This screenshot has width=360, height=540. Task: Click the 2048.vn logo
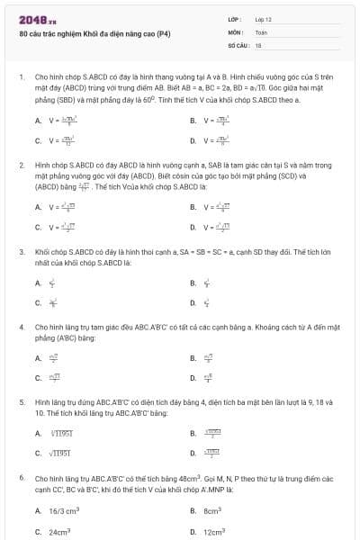point(32,20)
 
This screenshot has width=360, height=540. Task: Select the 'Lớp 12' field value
point(264,19)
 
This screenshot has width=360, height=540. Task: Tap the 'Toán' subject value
point(261,31)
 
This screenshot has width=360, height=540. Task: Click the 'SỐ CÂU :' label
point(238,44)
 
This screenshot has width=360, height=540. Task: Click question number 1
point(21,78)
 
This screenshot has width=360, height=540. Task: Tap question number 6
point(21,478)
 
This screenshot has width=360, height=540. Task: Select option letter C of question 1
point(38,140)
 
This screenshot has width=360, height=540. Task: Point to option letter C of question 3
point(38,303)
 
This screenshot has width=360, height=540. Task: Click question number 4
point(21,327)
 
